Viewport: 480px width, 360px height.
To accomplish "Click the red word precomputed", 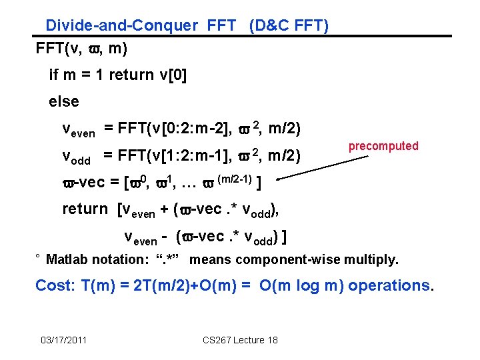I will [x=383, y=146].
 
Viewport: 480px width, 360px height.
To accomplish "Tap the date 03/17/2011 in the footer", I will [x=63, y=341].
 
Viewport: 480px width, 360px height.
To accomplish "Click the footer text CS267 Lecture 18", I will [x=240, y=341].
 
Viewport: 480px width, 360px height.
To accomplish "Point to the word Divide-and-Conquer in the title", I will [x=121, y=26].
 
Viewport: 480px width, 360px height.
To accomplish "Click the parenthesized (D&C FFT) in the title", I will [x=288, y=26].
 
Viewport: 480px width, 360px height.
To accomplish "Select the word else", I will [x=64, y=102].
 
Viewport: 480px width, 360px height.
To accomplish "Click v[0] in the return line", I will [x=171, y=75].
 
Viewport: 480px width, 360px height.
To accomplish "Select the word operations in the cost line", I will [x=390, y=285].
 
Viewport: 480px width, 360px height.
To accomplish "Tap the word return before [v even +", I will [x=85, y=209].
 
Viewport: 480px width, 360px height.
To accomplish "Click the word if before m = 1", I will [x=54, y=75].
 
